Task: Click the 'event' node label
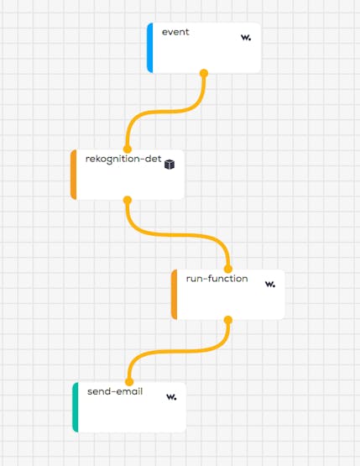pyautogui.click(x=175, y=32)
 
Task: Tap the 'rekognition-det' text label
pyautogui.click(x=123, y=159)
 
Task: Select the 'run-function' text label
pyautogui.click(x=217, y=279)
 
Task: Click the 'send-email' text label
pyautogui.click(x=115, y=391)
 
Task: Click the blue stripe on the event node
pyautogui.click(x=150, y=48)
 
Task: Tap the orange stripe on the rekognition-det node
pyautogui.click(x=73, y=175)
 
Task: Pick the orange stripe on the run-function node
pyautogui.click(x=174, y=295)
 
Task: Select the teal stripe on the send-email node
pyautogui.click(x=76, y=407)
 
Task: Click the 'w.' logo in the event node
pyautogui.click(x=246, y=38)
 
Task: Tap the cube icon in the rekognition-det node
pyautogui.click(x=170, y=165)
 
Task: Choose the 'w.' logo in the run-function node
pyautogui.click(x=270, y=284)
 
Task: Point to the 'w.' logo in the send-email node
pyautogui.click(x=171, y=397)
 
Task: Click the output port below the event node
pyautogui.click(x=204, y=73)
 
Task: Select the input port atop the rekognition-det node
pyautogui.click(x=127, y=149)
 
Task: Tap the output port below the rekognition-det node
pyautogui.click(x=127, y=200)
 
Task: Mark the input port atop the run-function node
pyautogui.click(x=227, y=270)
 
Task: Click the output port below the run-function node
pyautogui.click(x=227, y=320)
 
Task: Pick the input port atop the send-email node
pyautogui.click(x=129, y=382)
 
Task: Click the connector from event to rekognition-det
pyautogui.click(x=165, y=112)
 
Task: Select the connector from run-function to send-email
pyautogui.click(x=178, y=351)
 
